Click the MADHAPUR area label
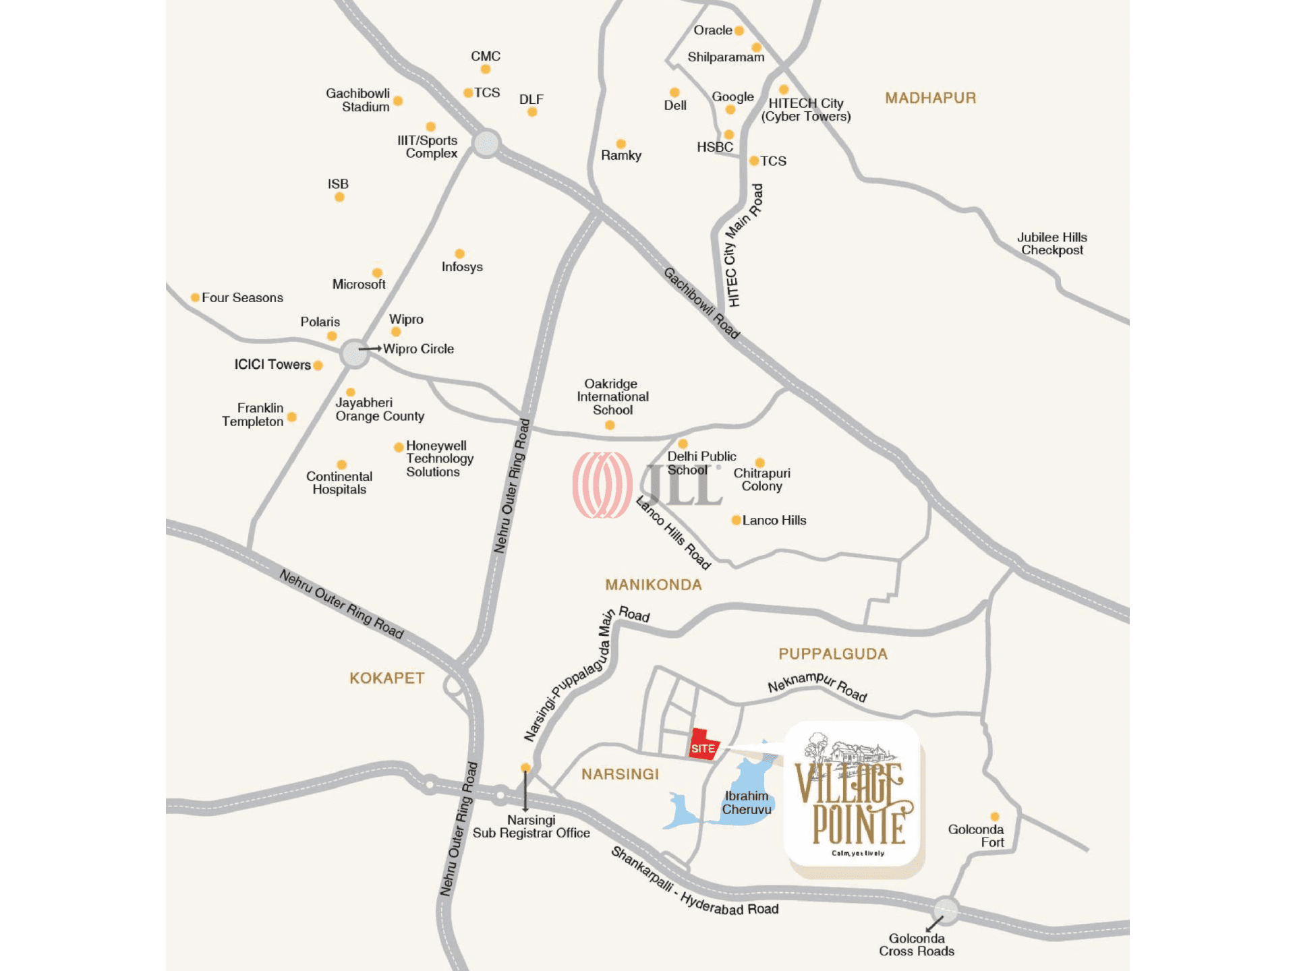click(x=930, y=98)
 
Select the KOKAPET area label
click(x=386, y=678)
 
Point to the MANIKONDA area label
click(x=653, y=585)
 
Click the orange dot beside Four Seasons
click(x=195, y=297)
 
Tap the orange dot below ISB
click(x=339, y=197)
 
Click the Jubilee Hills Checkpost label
click(x=1052, y=243)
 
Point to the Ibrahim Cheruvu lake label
click(x=747, y=802)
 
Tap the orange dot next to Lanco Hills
click(x=736, y=520)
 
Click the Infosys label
click(x=462, y=267)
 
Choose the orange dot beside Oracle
click(x=739, y=30)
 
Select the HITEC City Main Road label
click(x=743, y=245)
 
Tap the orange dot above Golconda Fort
click(x=994, y=817)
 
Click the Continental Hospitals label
click(x=339, y=483)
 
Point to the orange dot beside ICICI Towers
click(x=318, y=365)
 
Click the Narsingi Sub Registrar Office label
click(x=531, y=827)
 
